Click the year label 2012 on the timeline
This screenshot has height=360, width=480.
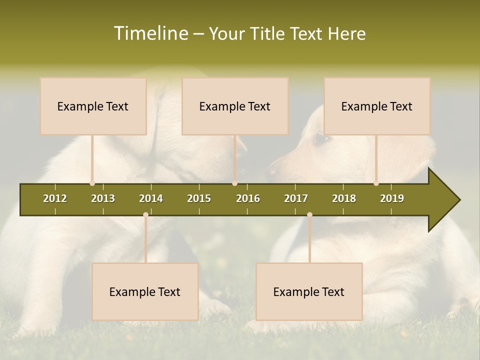click(x=55, y=198)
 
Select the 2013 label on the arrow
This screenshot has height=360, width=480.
click(x=103, y=198)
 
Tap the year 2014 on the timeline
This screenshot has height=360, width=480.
click(x=151, y=198)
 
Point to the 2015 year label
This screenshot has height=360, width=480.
click(x=199, y=198)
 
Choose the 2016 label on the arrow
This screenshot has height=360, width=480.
click(x=248, y=198)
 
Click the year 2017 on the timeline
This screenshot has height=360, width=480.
click(x=296, y=198)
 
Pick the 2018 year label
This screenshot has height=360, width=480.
click(x=344, y=198)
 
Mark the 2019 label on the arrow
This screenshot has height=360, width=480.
click(x=392, y=198)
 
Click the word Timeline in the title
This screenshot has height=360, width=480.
click(x=150, y=33)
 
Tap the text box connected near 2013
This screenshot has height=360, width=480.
click(x=93, y=106)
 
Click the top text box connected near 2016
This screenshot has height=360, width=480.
click(x=235, y=106)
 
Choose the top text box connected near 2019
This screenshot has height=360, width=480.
click(x=377, y=106)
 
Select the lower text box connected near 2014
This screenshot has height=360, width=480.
click(x=145, y=291)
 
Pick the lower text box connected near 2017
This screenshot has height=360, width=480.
click(x=309, y=291)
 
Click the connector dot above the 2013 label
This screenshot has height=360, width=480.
click(x=92, y=183)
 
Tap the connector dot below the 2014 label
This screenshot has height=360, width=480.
click(x=145, y=215)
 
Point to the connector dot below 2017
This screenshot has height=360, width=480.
click(x=309, y=215)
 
